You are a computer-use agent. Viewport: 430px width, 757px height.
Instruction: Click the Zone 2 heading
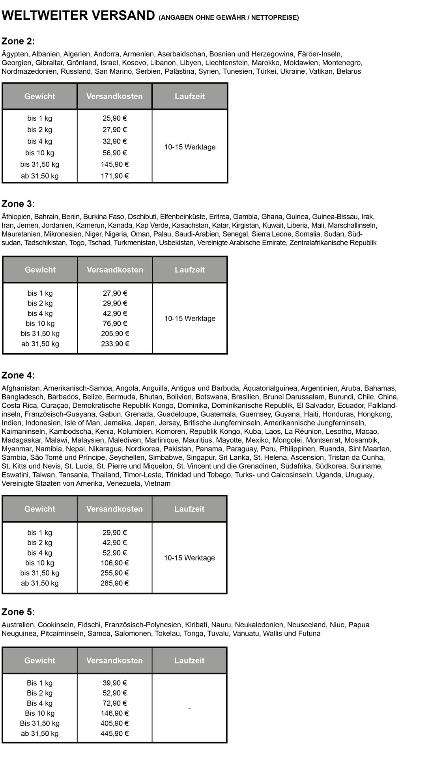18,41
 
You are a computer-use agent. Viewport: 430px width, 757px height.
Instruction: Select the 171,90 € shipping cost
114,176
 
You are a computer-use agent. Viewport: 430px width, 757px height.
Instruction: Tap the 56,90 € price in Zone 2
114,153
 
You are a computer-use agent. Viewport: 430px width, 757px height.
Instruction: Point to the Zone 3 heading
18,204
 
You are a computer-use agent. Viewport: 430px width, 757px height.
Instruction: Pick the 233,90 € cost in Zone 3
115,344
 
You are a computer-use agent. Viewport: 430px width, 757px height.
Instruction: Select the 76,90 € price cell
115,324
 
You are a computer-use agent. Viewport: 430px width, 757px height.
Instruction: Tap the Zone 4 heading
18,375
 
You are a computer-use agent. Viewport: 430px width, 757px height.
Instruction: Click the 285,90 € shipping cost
114,583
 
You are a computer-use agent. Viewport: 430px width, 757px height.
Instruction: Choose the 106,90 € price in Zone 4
114,563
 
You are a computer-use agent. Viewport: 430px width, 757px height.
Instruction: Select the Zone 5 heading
18,612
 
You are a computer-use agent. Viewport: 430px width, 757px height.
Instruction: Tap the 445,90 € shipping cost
114,734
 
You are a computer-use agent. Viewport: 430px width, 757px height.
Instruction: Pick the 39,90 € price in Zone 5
114,683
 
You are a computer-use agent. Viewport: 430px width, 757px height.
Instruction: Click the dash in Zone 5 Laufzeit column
189,709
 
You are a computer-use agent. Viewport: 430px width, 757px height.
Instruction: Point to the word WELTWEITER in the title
45,16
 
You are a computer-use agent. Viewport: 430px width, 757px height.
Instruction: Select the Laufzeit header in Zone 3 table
190,270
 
